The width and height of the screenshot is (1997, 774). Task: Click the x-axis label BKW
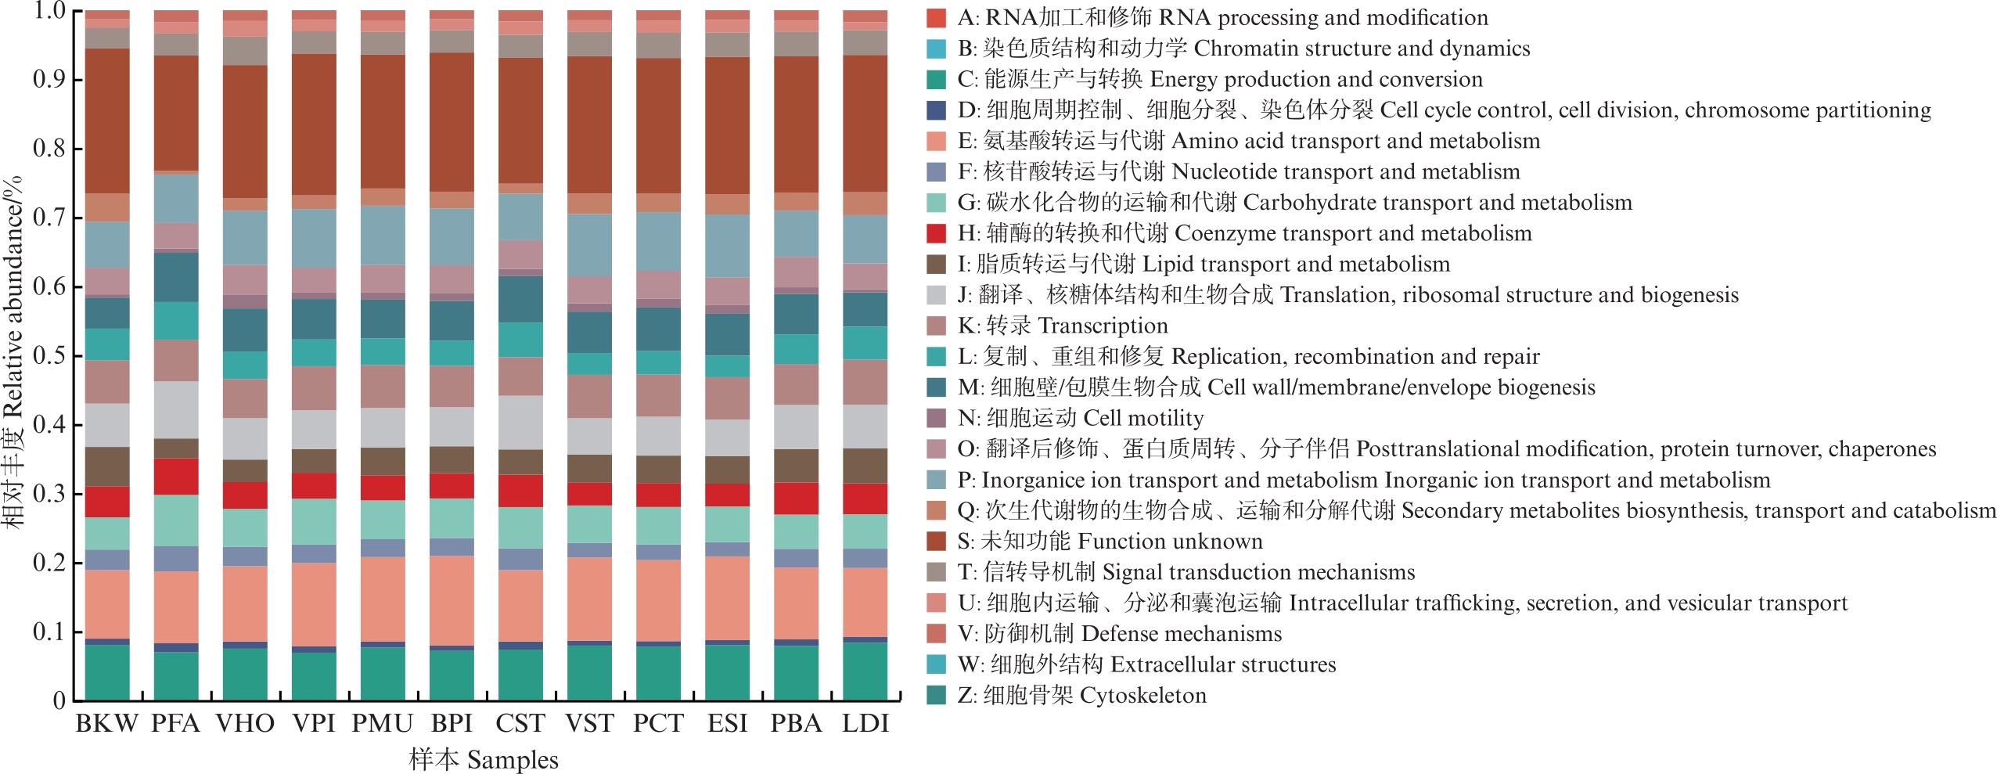tap(106, 724)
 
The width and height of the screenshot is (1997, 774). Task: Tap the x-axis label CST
tap(520, 724)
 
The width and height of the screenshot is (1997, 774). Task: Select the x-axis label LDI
tap(865, 724)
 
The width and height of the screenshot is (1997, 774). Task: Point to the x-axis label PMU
tap(382, 724)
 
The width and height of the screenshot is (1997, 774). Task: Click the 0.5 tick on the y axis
tap(49, 356)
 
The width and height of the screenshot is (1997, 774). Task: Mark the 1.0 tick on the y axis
tap(49, 11)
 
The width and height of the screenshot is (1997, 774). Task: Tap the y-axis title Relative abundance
tap(13, 352)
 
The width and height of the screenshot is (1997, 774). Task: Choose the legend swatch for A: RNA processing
tap(936, 17)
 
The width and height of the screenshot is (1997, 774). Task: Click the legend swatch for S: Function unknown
tap(936, 541)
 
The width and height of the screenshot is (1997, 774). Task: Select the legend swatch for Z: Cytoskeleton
tap(936, 695)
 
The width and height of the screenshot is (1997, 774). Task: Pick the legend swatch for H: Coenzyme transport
tap(936, 233)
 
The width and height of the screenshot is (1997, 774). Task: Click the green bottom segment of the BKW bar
tap(107, 672)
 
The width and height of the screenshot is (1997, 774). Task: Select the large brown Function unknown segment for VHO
tap(245, 131)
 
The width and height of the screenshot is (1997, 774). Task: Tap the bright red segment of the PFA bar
tap(176, 476)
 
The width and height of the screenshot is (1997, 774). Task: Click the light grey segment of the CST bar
tap(520, 423)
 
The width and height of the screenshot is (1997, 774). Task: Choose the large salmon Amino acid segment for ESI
tap(727, 598)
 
